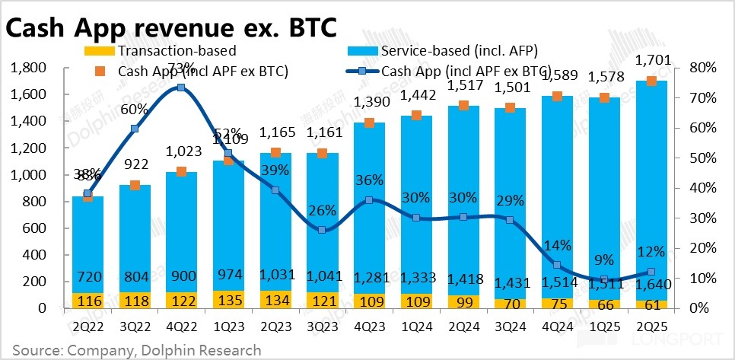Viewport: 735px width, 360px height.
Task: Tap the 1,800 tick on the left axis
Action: pos(29,68)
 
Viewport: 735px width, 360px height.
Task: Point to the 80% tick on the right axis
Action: pos(701,68)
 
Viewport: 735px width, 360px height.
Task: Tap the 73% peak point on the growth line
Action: pos(181,88)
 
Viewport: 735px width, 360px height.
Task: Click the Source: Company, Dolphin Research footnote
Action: pos(136,350)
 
